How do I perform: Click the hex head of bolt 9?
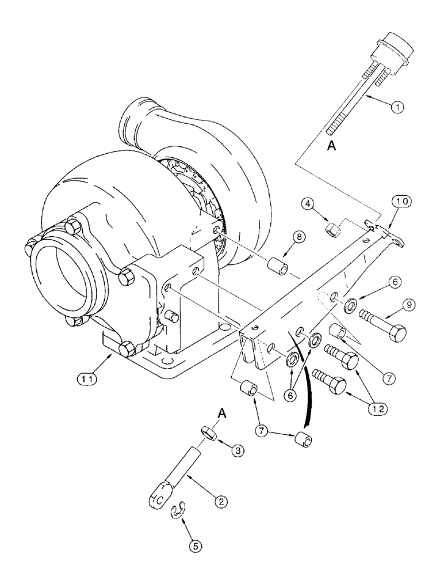(396, 333)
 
